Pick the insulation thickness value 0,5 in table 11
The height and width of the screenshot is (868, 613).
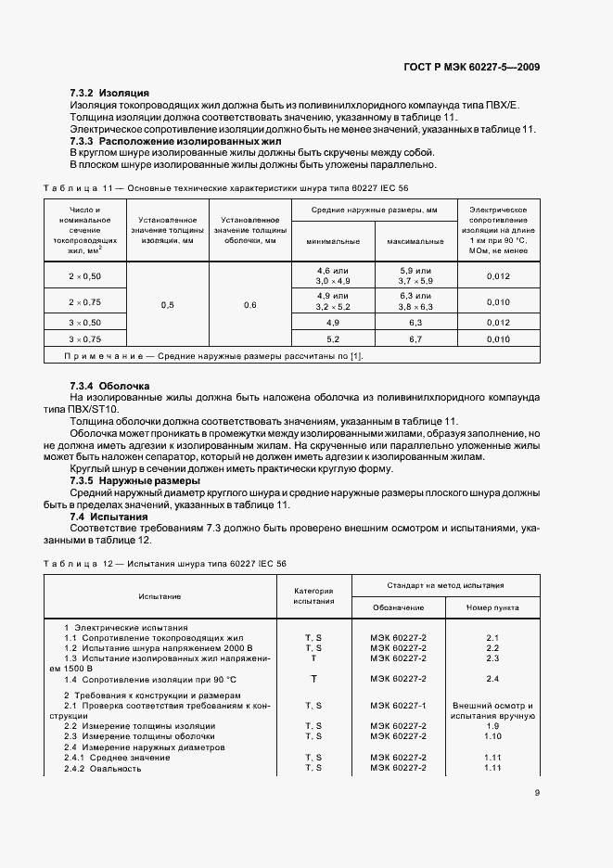(167, 305)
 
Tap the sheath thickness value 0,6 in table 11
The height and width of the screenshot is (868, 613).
(249, 305)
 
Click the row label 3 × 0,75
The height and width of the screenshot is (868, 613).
(84, 339)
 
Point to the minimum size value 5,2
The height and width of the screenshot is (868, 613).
(333, 339)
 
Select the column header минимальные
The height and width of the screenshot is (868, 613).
(333, 241)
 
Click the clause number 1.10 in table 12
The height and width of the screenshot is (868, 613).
(492, 736)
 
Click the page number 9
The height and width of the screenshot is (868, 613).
(537, 792)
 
